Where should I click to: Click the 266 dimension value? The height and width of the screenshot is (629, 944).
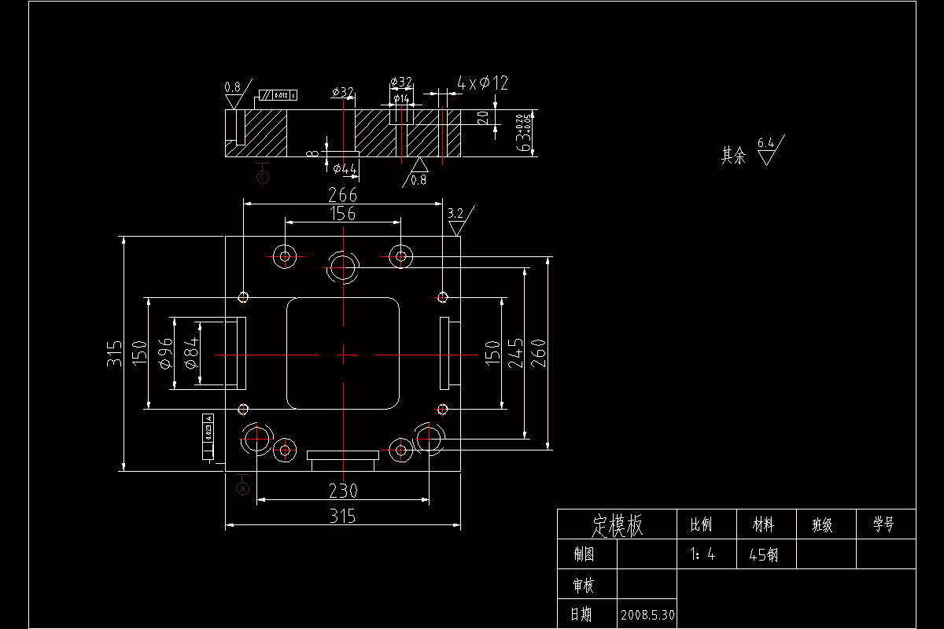(343, 195)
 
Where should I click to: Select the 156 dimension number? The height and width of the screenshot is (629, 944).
(343, 214)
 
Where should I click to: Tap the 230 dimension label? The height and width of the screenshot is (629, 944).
(343, 491)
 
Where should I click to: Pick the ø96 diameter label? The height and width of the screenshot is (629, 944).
(165, 354)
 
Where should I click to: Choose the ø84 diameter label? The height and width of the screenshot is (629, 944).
(191, 354)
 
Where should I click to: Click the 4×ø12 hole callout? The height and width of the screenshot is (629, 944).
(483, 83)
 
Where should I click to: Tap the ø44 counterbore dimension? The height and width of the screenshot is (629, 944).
(345, 168)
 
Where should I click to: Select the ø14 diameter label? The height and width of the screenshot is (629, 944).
(401, 98)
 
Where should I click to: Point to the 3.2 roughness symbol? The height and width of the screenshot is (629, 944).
(455, 213)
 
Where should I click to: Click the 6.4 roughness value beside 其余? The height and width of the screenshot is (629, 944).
(765, 143)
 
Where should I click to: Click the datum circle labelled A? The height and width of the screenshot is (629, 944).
(243, 488)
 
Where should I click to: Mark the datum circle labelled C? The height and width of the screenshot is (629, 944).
(263, 177)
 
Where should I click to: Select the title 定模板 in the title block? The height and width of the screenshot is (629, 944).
(617, 524)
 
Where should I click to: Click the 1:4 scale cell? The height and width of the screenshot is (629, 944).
(702, 554)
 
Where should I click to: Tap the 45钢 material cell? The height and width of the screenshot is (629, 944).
(763, 554)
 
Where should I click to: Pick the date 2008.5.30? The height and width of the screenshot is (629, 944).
(647, 613)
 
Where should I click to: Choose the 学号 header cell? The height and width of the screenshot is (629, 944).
(884, 524)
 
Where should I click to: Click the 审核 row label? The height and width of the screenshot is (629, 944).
(584, 585)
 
